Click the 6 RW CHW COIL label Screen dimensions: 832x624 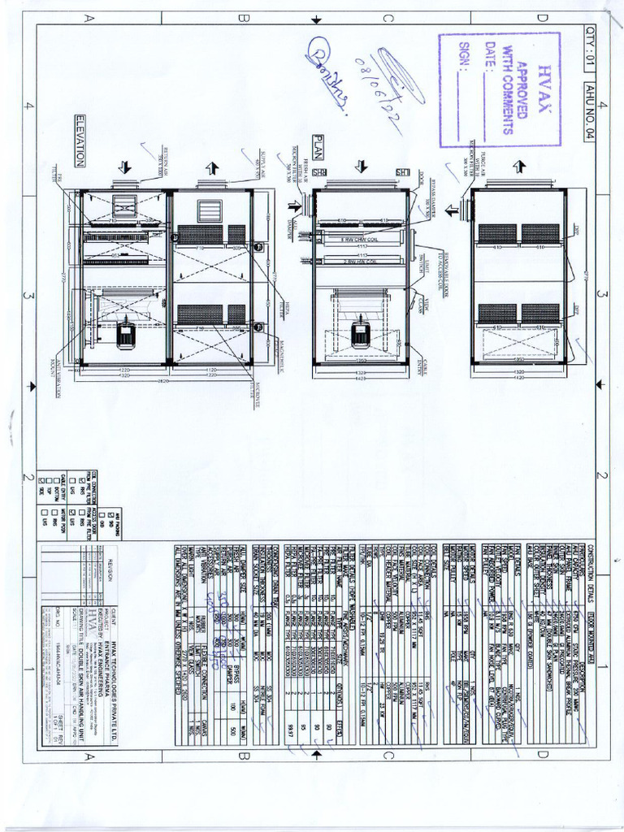pyautogui.click(x=360, y=241)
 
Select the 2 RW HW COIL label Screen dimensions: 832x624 pyautogui.click(x=360, y=262)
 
